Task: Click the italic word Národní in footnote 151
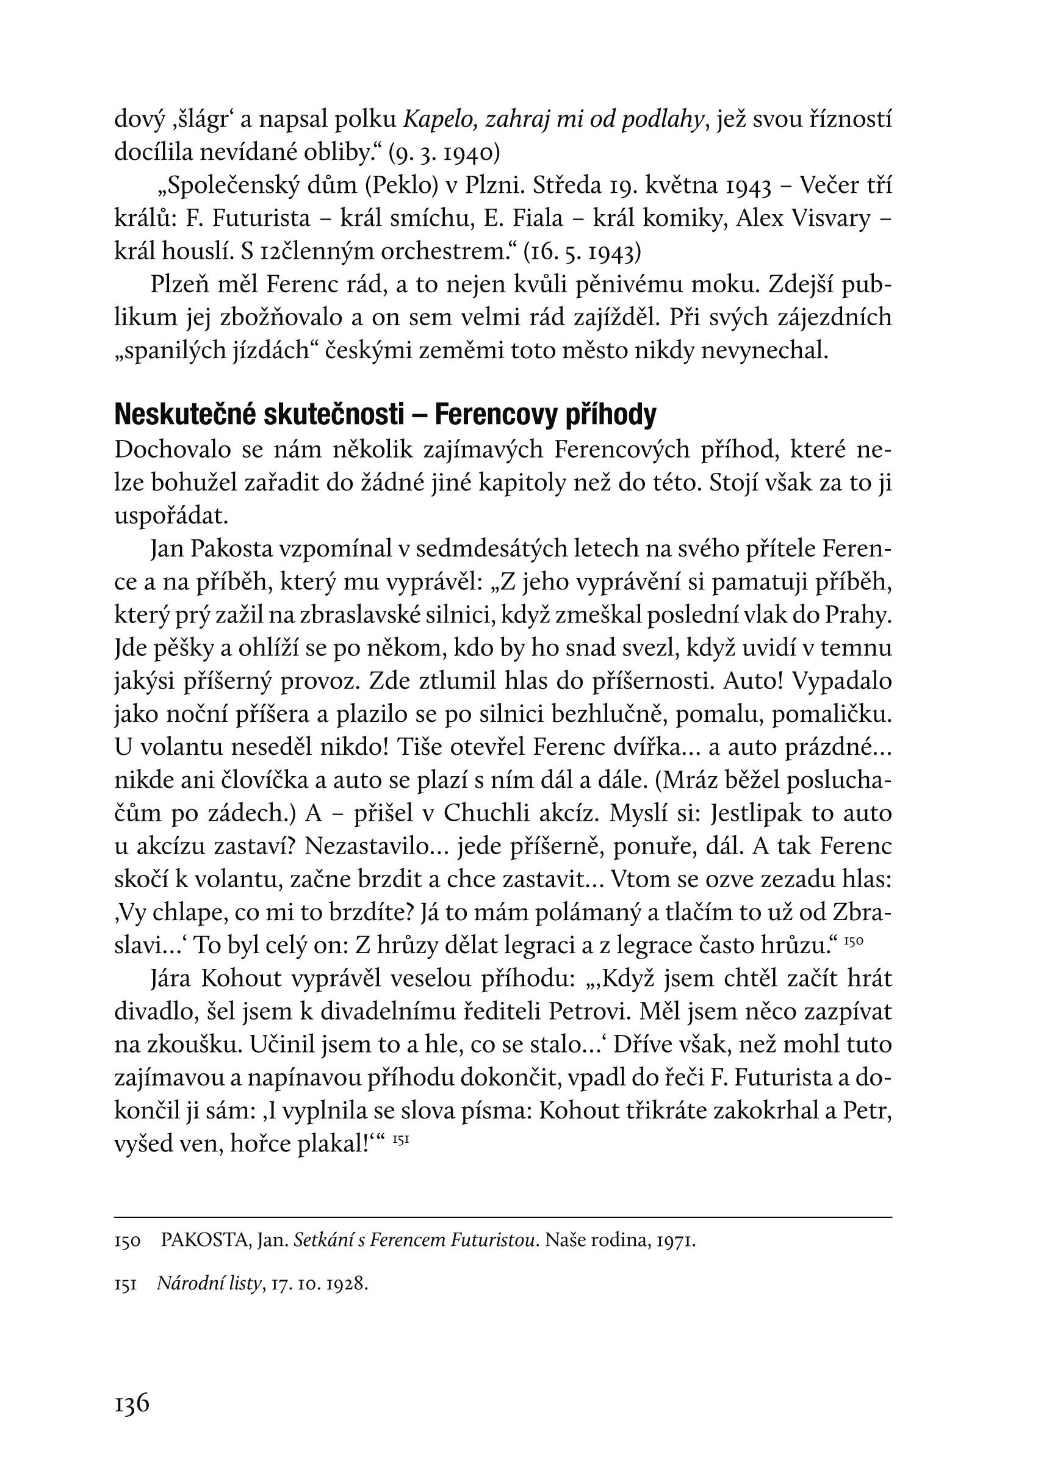tap(186, 1284)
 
